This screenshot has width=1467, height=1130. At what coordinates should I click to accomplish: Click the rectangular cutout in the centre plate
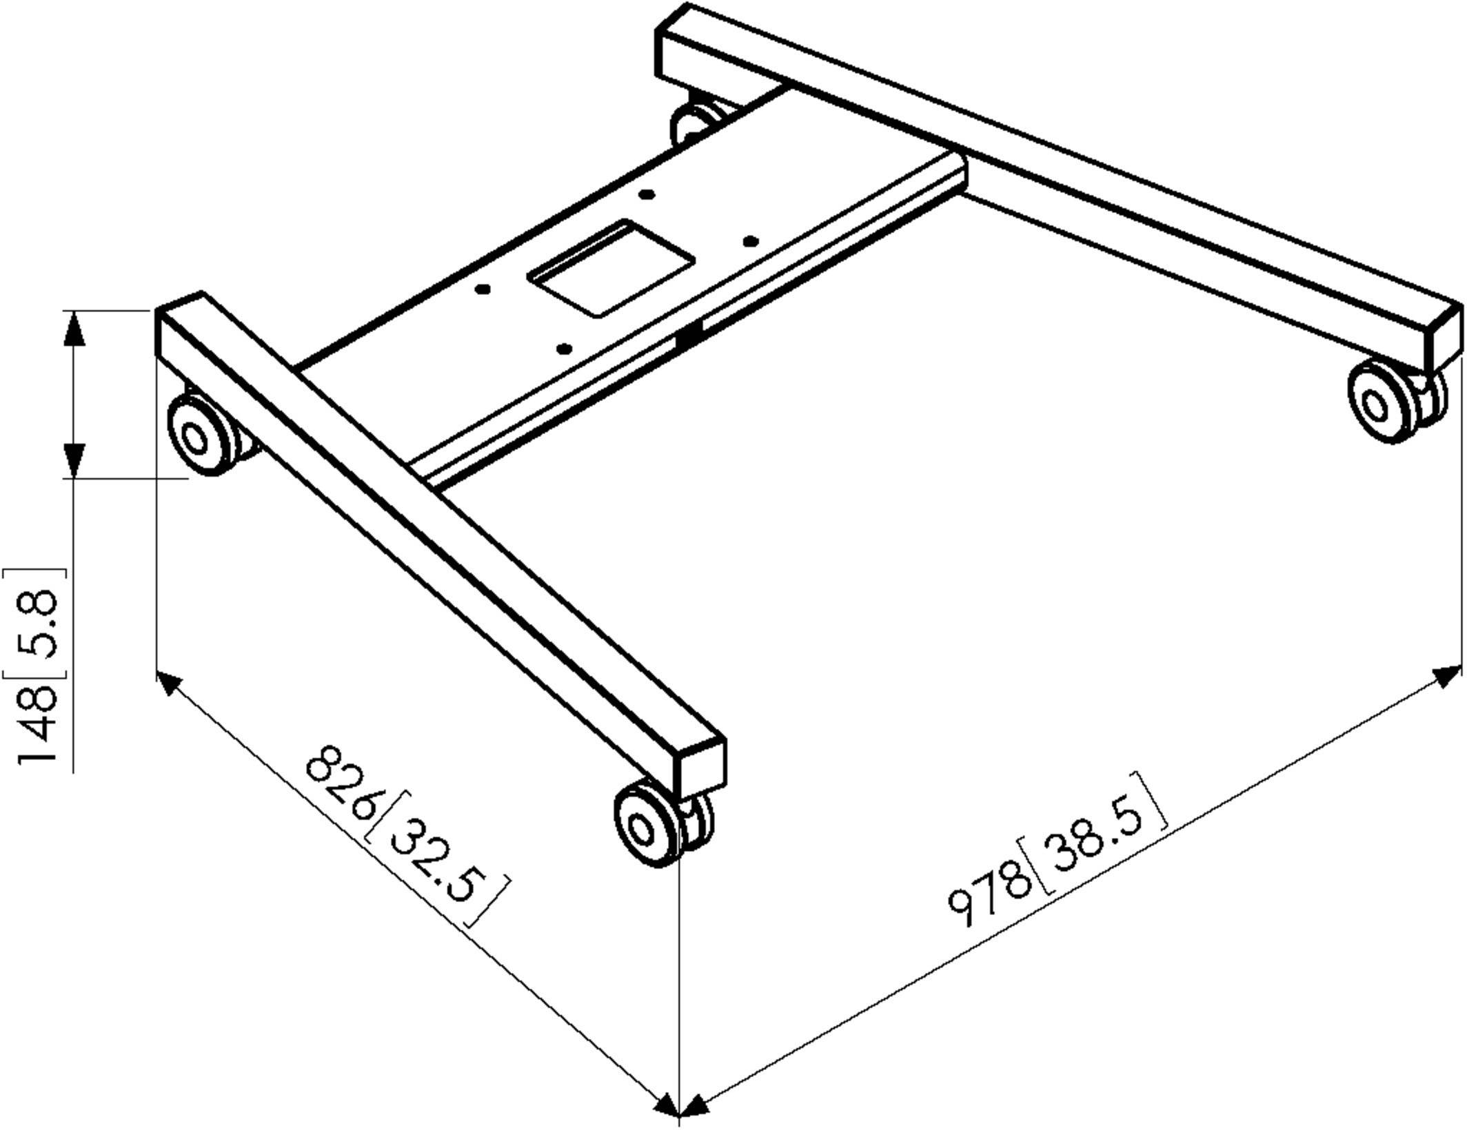[611, 269]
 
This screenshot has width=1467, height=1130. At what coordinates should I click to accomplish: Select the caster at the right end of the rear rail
[1393, 404]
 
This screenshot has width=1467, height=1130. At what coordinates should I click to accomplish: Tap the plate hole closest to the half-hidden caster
[646, 195]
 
